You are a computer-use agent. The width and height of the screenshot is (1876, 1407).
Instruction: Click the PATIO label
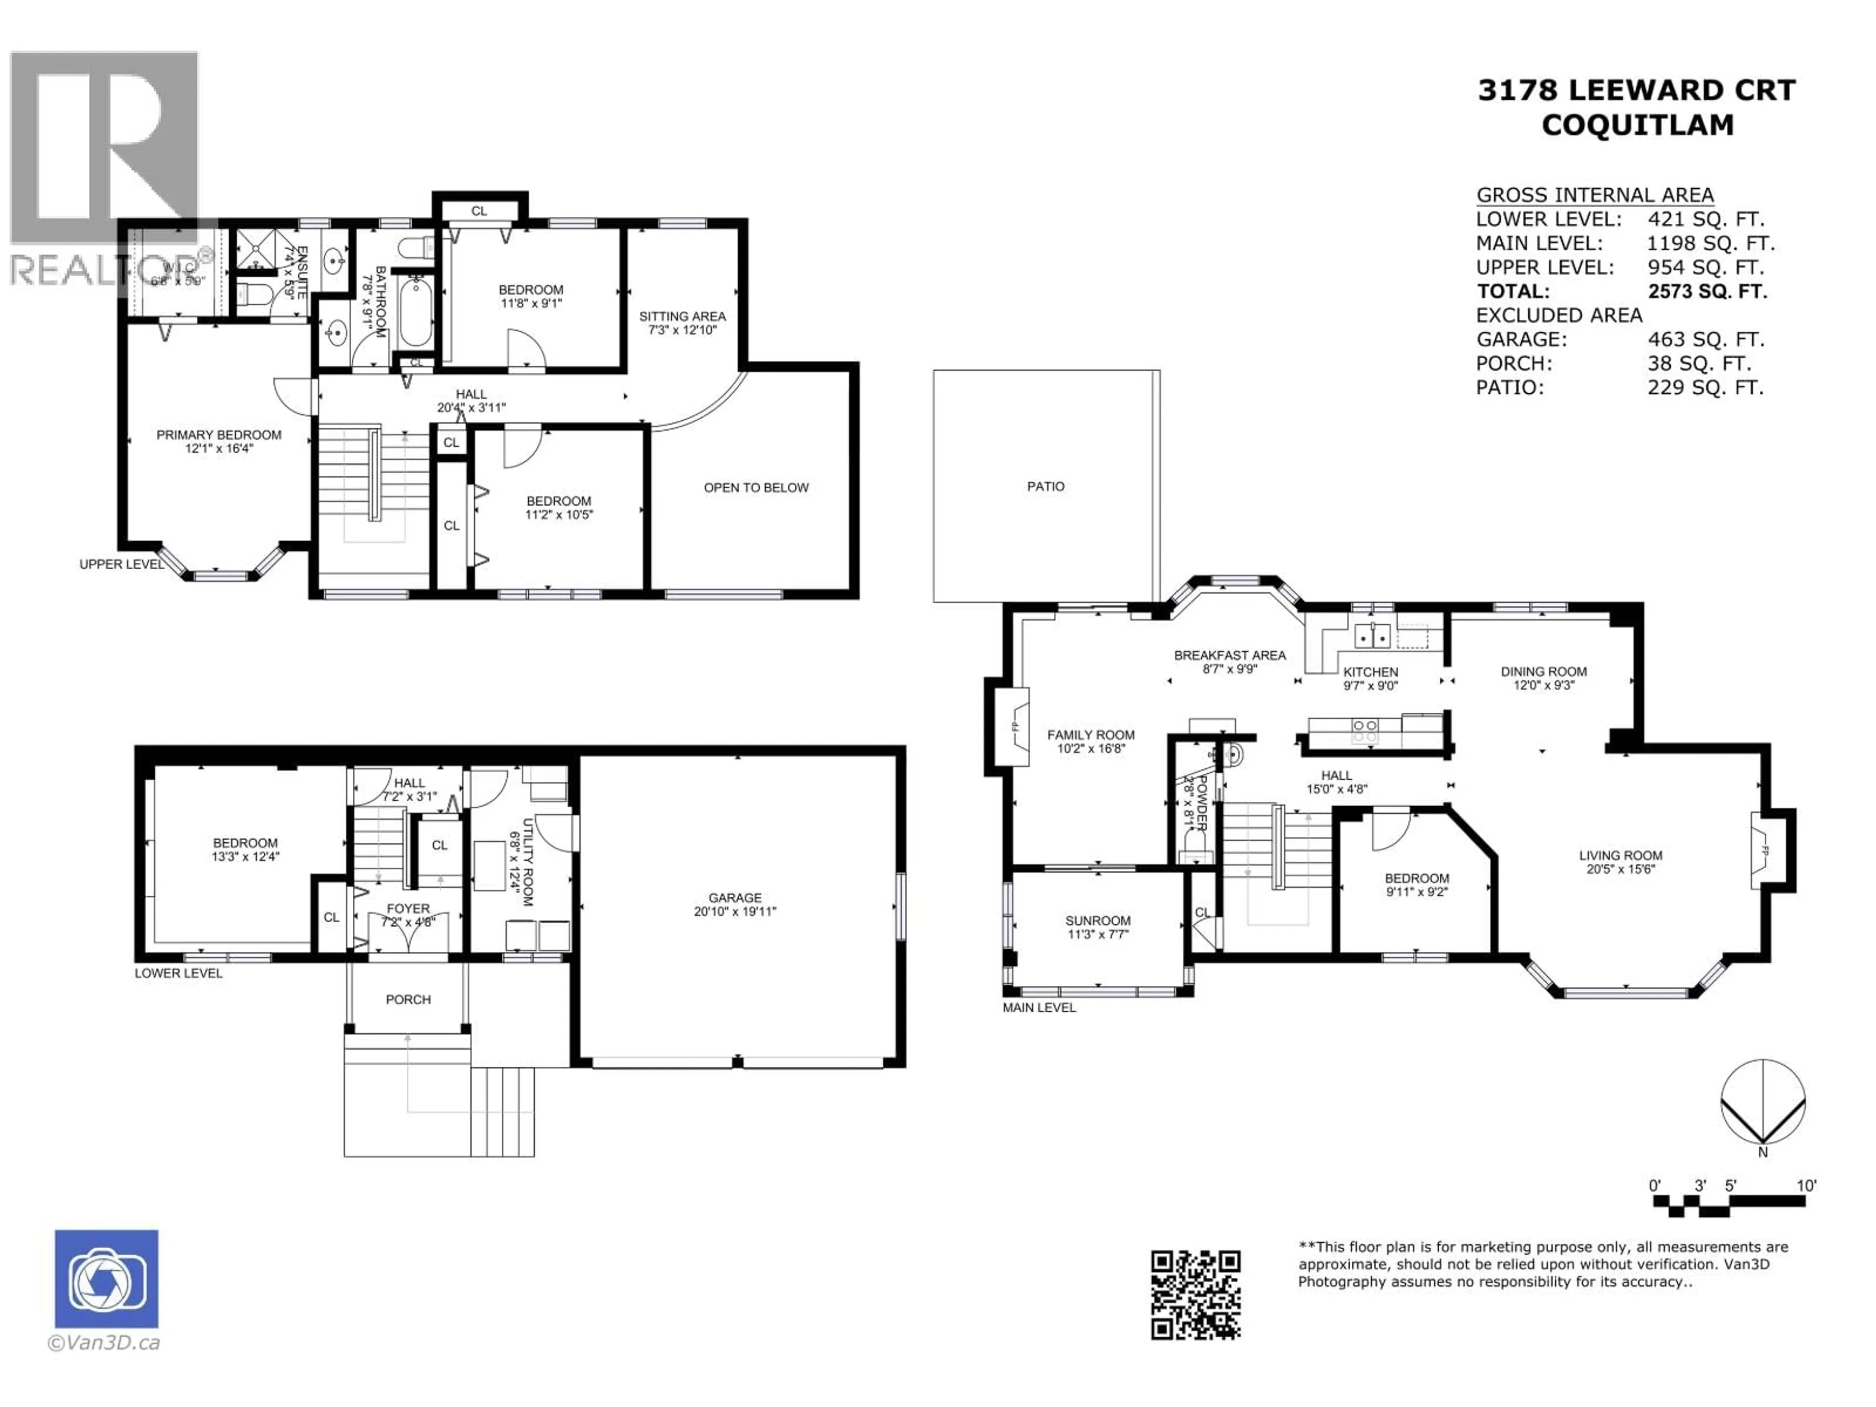coord(1045,486)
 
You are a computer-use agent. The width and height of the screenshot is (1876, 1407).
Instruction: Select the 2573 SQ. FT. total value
coord(1707,291)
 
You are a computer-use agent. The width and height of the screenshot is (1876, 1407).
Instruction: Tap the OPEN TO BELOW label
coord(756,488)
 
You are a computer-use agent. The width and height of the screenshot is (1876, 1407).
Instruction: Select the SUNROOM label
coord(1097,920)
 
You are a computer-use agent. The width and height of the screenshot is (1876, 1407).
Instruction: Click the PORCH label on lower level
coord(408,999)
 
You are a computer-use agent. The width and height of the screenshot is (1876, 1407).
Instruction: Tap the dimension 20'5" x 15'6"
coord(1620,869)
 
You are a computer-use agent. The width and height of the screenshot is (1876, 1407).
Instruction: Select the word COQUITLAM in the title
coord(1637,125)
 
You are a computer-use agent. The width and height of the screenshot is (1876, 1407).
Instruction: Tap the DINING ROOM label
coord(1543,671)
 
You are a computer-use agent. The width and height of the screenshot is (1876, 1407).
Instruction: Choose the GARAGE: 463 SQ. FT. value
coord(1705,339)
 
